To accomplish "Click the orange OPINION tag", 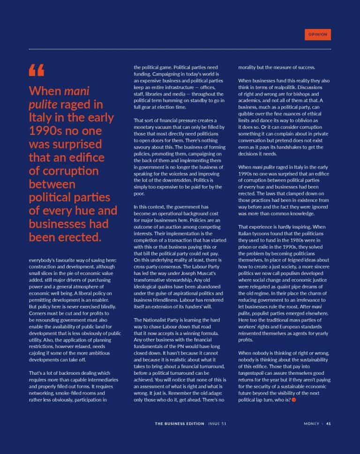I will pos(317,34).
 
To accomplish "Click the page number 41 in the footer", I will pos(329,424).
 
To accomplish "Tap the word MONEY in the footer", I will pos(311,424).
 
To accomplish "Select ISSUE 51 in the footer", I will pos(218,424).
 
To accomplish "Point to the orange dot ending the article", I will pos(294,400).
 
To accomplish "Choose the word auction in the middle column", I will pos(175,226).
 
